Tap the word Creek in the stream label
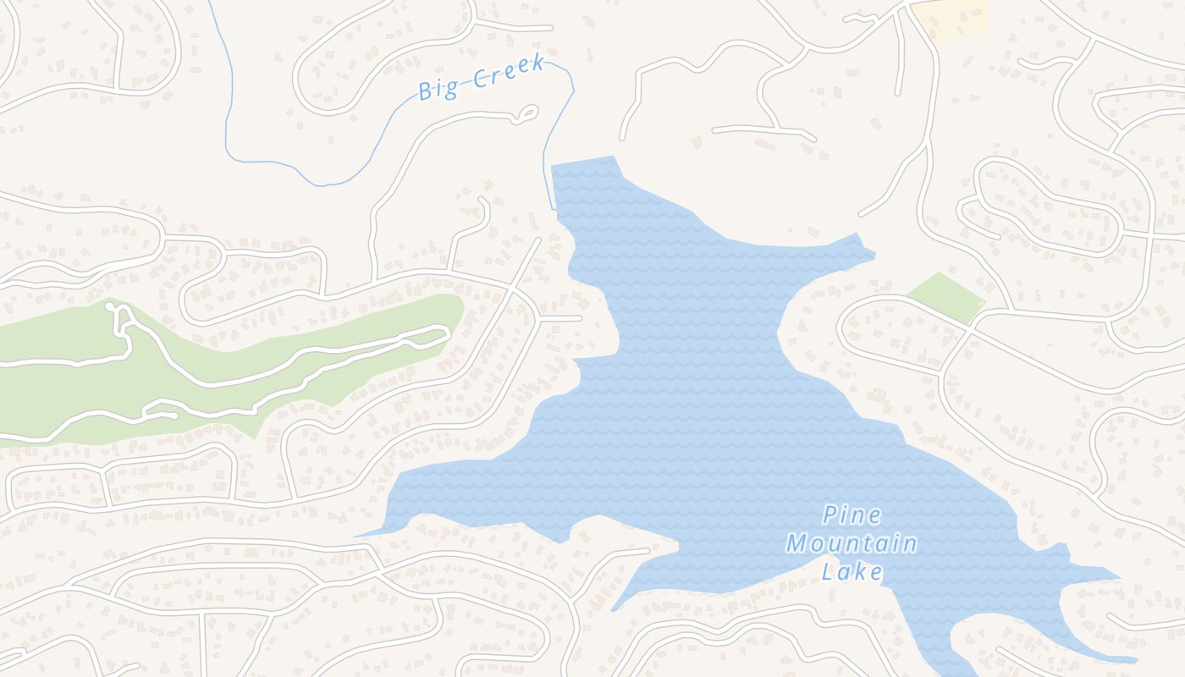(508, 73)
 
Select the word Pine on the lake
(852, 515)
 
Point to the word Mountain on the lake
(852, 543)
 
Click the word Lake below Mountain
(852, 571)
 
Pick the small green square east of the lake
(945, 296)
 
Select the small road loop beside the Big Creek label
(526, 113)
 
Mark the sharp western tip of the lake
(359, 536)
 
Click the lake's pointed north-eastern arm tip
(872, 252)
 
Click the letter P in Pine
(829, 515)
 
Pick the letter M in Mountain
(796, 543)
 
